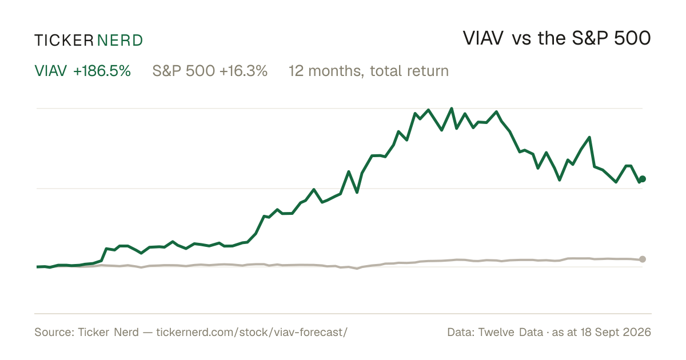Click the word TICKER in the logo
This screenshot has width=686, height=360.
coord(64,41)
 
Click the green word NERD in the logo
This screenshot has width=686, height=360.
coord(119,41)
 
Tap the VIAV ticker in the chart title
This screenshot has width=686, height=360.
coord(483,38)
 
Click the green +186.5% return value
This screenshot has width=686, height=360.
coord(102,71)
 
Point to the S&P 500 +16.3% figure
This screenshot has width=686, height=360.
coord(210,71)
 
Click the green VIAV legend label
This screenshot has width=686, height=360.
coord(50,71)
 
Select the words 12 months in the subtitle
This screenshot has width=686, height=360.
coord(326,71)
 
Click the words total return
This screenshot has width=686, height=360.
coord(409,71)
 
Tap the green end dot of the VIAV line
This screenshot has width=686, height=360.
coord(643,179)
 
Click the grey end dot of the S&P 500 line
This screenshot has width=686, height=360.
coord(643,259)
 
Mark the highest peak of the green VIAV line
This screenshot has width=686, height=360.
coord(452,109)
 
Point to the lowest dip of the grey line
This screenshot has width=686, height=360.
coord(357,269)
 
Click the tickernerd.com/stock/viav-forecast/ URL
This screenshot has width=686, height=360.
coord(252,332)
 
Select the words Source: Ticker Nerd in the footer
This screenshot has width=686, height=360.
coord(87,332)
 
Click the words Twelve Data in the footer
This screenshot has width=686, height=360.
coord(510,332)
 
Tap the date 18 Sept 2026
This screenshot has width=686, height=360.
coord(616,332)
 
